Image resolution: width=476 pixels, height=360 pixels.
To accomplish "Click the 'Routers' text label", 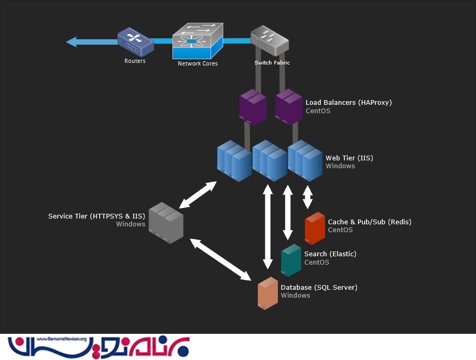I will (x=135, y=61).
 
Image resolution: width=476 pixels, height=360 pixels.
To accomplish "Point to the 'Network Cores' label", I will (x=198, y=63).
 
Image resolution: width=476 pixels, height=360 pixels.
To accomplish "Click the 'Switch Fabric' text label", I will (x=272, y=62).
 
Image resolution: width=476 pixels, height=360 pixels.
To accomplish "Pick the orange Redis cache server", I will (x=315, y=228).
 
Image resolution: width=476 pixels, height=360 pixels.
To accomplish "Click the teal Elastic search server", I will (x=291, y=260).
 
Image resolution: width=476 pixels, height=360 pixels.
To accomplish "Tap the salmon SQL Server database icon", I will (x=267, y=293).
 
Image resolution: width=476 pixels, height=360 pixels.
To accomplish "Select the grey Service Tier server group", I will (x=166, y=222).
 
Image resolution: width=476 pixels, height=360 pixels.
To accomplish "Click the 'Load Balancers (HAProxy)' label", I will (x=349, y=102).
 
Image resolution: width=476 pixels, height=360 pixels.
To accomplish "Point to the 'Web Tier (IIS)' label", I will (x=349, y=158).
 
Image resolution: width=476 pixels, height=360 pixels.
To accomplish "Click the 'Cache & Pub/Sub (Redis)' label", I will (x=370, y=222).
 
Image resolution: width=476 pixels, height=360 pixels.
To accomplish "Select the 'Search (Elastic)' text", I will (x=330, y=254).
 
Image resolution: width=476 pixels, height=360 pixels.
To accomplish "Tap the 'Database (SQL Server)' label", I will (x=319, y=287).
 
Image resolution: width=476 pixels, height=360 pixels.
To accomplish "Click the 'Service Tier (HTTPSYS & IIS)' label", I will (x=96, y=216).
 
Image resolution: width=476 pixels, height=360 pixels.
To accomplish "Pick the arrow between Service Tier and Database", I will (x=220, y=259).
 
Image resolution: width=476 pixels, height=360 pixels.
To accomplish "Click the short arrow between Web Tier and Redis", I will (x=308, y=198).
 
